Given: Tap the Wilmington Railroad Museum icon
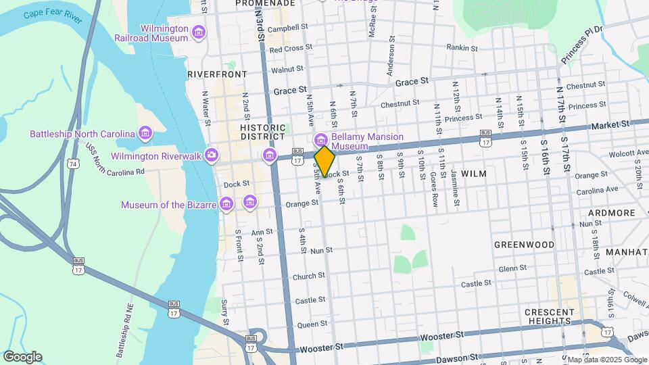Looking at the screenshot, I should click(199, 32).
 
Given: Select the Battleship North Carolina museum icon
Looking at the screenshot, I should click(145, 134).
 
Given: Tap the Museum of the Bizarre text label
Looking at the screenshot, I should click(168, 205).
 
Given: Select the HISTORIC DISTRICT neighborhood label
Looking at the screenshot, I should click(263, 132).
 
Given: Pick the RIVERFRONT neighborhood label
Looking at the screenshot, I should click(217, 74).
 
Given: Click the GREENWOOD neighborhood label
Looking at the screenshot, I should click(524, 245).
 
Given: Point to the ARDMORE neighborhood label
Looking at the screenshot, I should click(611, 213).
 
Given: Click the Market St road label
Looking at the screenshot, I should click(610, 125).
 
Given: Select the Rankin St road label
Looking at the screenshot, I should click(462, 47).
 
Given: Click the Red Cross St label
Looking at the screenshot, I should click(290, 49).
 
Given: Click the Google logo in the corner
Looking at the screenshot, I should click(22, 356).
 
